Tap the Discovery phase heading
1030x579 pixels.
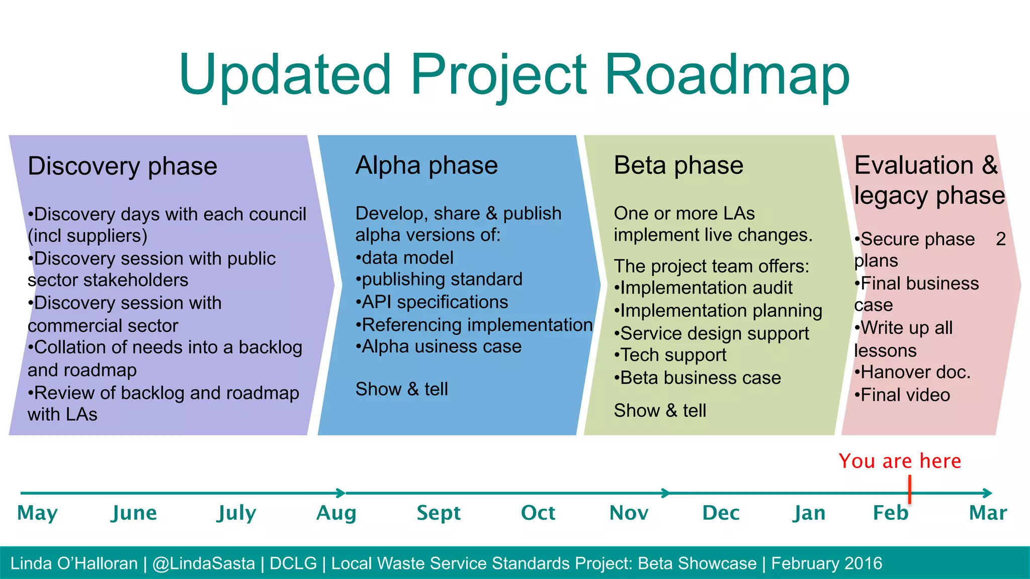pyautogui.click(x=122, y=166)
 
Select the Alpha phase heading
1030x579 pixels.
pyautogui.click(x=426, y=165)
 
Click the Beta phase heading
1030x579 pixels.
pyautogui.click(x=678, y=165)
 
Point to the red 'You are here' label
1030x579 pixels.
pyautogui.click(x=899, y=461)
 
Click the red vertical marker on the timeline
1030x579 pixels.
pyautogui.click(x=910, y=490)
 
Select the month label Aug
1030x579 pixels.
pyautogui.click(x=336, y=513)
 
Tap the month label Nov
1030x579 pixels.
pyautogui.click(x=629, y=513)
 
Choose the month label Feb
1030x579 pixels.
pyautogui.click(x=890, y=513)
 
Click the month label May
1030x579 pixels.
pyautogui.click(x=38, y=513)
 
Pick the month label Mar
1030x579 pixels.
pyautogui.click(x=988, y=513)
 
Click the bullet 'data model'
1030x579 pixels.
pyautogui.click(x=405, y=258)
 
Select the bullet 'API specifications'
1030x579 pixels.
pyautogui.click(x=433, y=302)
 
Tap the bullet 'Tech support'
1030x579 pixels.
pyautogui.click(x=671, y=355)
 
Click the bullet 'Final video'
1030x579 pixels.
pyautogui.click(x=903, y=395)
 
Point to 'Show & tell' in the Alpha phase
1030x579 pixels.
pyautogui.click(x=401, y=389)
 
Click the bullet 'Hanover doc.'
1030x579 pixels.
pyautogui.click(x=913, y=372)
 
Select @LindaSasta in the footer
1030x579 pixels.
pyautogui.click(x=204, y=563)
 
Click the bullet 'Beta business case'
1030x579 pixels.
pyautogui.click(x=698, y=378)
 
